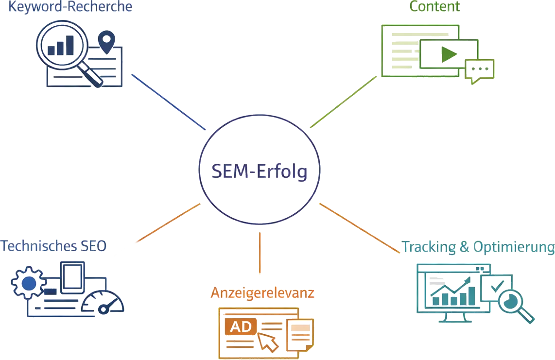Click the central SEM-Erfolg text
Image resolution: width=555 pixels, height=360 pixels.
point(259,171)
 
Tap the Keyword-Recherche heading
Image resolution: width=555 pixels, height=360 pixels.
point(70,7)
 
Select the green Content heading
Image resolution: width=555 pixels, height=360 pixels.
point(434,6)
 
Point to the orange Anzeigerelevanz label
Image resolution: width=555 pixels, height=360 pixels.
point(262,292)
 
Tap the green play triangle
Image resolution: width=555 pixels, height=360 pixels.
point(448,55)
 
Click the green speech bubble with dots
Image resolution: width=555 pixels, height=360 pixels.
point(479,70)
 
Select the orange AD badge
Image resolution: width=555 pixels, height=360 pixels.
point(242,327)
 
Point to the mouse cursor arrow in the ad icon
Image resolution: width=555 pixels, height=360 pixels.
point(268,342)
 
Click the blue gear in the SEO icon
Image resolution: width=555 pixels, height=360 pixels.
point(28,283)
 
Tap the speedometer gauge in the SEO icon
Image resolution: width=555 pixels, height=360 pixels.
point(103,302)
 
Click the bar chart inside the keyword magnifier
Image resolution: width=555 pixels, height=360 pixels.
point(61,45)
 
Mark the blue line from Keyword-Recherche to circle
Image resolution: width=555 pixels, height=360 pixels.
point(168,103)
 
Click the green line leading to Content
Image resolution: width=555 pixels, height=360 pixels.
point(343,102)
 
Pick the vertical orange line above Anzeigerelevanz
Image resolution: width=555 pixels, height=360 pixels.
point(260,253)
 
